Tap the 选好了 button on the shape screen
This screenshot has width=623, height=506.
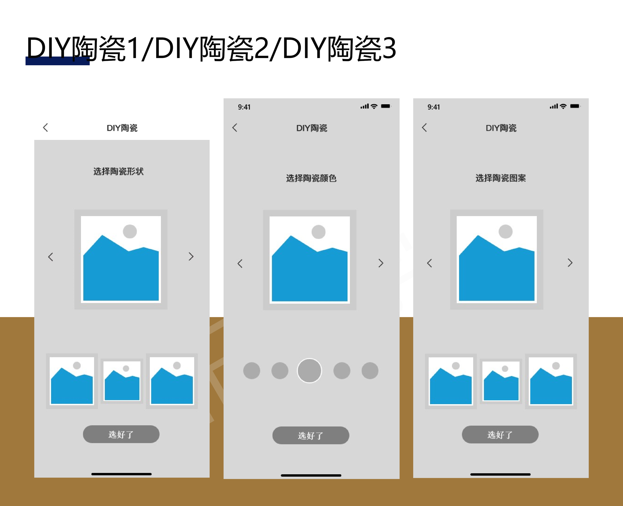(x=121, y=434)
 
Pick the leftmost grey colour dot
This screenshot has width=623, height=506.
(x=251, y=371)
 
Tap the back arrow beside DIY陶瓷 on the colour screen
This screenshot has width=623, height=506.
(x=235, y=128)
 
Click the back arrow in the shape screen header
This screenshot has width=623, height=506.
(x=46, y=128)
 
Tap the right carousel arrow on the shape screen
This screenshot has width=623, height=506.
(x=191, y=257)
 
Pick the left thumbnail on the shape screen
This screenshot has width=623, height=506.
(x=72, y=381)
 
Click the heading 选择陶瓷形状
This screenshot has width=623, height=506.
(x=118, y=171)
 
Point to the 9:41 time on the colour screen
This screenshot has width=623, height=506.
(x=244, y=107)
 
